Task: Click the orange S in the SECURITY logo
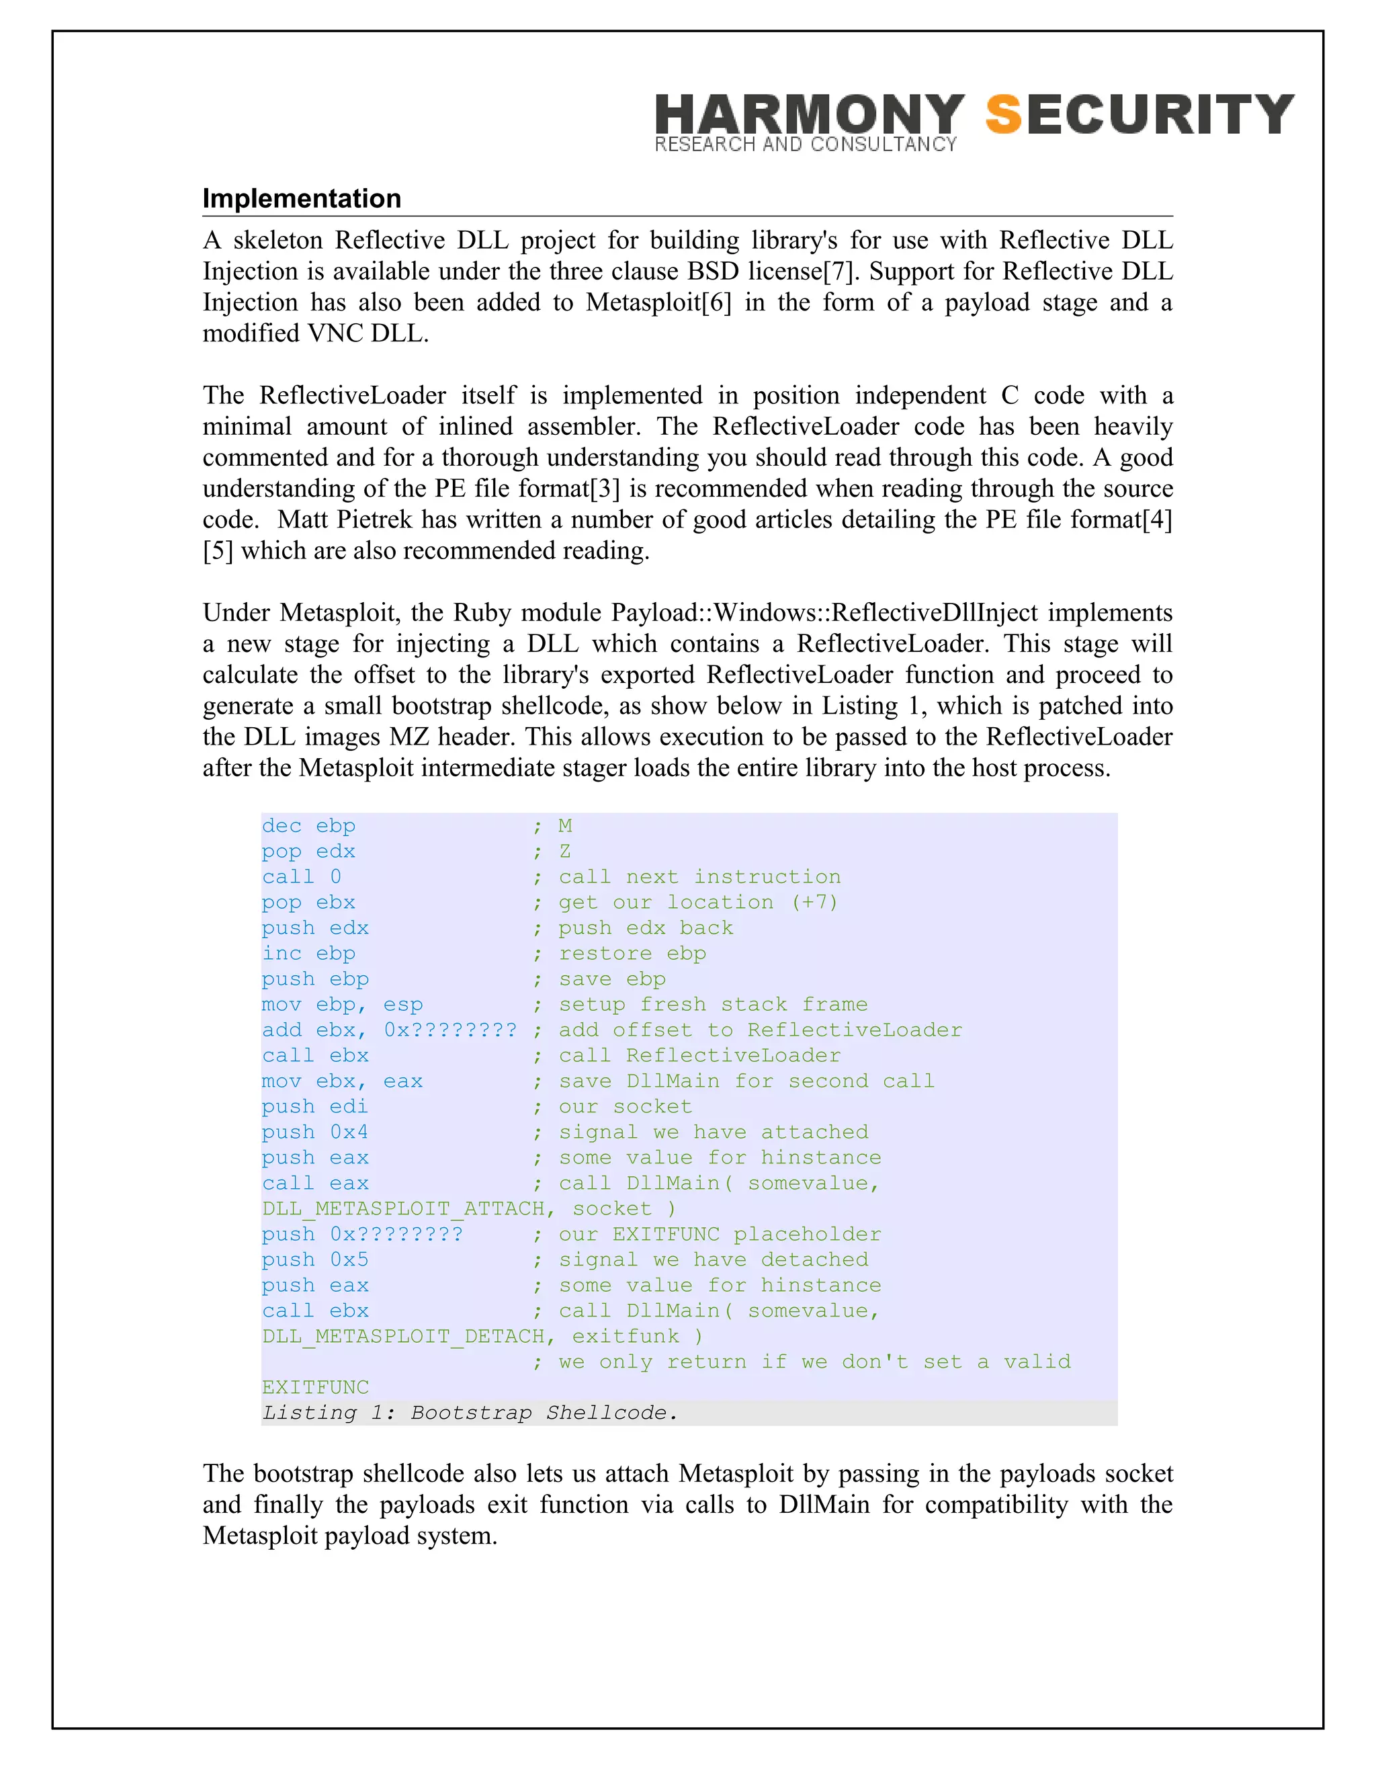[x=1004, y=114]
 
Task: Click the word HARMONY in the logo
[x=810, y=114]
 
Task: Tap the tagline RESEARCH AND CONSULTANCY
[x=806, y=145]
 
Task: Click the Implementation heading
[x=302, y=198]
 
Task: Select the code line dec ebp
[x=308, y=826]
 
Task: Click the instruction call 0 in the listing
[x=301, y=876]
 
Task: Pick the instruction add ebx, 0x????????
[x=389, y=1030]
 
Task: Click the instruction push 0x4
[x=314, y=1132]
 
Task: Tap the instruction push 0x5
[x=314, y=1260]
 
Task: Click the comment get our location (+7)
[x=698, y=903]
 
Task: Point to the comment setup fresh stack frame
[x=712, y=1005]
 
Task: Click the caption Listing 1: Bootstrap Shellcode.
[x=470, y=1413]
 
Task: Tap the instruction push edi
[x=314, y=1107]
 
